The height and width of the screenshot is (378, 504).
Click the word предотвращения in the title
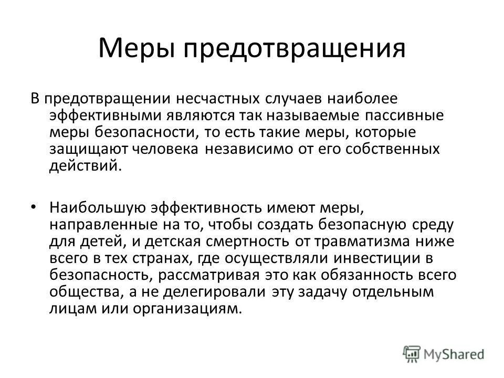pyautogui.click(x=293, y=49)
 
